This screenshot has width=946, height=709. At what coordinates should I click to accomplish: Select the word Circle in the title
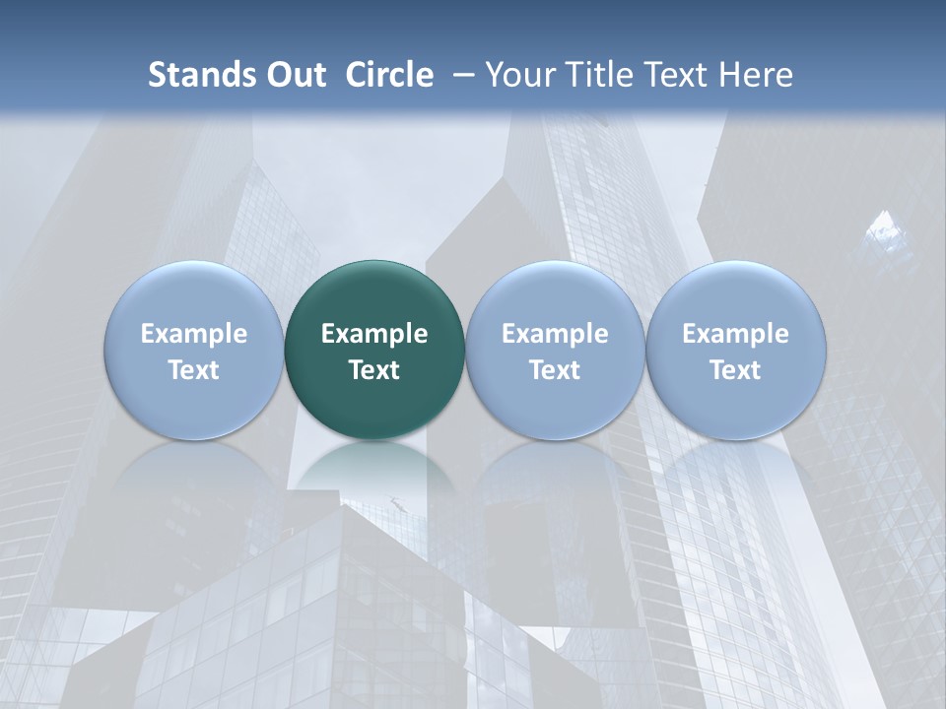pos(389,75)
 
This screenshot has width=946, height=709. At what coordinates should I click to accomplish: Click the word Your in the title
pos(518,75)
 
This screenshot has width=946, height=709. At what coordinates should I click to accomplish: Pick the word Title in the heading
pos(594,75)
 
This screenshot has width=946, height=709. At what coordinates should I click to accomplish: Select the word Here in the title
pos(757,75)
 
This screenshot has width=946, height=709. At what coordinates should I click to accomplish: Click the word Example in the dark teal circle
pos(374,334)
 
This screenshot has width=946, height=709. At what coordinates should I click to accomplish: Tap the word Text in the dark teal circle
pos(374,370)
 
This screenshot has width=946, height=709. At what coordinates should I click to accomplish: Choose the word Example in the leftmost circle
pos(194,334)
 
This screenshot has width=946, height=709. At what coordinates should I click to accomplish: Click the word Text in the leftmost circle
pos(194,370)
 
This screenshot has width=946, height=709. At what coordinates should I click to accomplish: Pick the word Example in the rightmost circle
pos(736,334)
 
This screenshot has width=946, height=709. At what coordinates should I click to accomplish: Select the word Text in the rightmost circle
pos(736,370)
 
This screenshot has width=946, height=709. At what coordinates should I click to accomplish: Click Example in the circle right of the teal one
pos(555,334)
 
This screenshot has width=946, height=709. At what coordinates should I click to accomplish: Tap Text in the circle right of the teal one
pos(555,370)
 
